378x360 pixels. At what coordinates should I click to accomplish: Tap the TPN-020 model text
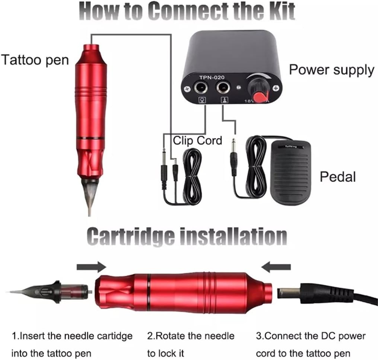pos(212,77)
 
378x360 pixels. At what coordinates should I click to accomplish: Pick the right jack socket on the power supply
pos(223,87)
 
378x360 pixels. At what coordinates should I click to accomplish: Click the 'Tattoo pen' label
pos(35,60)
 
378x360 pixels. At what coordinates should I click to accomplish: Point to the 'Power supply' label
pos(331,70)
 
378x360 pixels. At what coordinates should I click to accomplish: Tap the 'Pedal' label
pos(337,176)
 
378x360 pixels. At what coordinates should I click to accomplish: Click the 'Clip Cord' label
pos(197,140)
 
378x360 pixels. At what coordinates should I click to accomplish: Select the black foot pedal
pos(290,173)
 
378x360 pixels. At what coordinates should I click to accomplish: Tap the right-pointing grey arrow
pos(91,267)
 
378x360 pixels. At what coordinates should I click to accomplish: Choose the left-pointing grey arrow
pos(276,267)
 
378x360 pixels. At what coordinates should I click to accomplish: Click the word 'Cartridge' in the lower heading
pos(130,236)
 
